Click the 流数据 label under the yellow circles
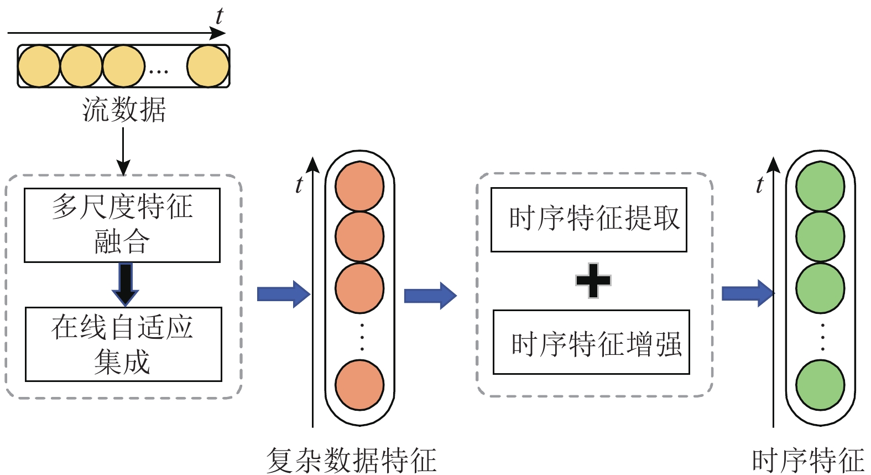coord(124,110)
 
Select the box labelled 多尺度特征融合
coord(122,225)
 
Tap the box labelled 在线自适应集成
coord(123,344)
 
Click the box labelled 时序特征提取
coord(589,220)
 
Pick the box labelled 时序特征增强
coord(591,342)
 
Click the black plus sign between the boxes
coord(593,281)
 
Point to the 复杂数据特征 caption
coord(352,460)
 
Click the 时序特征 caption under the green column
coord(808,460)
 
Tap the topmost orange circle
coord(359,187)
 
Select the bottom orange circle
coord(359,385)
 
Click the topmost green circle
coord(820,187)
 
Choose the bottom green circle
coord(820,385)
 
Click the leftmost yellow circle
coord(39,66)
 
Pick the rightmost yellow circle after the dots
coord(208,66)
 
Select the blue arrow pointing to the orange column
coord(283,294)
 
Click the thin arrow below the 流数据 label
coord(123,151)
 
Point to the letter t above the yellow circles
coord(220,16)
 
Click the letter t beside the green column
coord(760,184)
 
